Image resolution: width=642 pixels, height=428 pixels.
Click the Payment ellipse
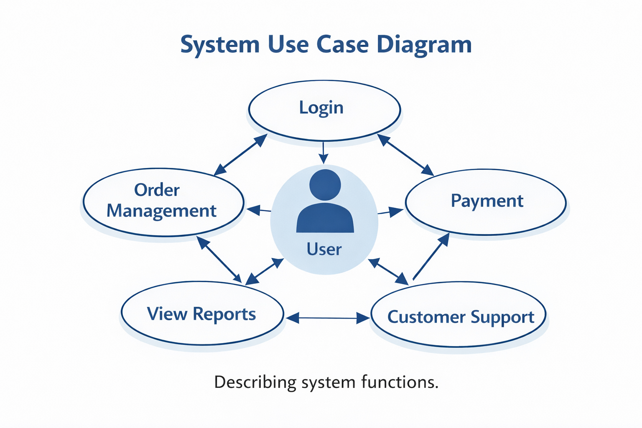click(x=486, y=201)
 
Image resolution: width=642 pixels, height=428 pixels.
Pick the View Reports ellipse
click(x=202, y=313)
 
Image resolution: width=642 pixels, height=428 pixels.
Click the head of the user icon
click(x=325, y=184)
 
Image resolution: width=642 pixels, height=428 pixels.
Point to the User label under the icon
click(x=324, y=250)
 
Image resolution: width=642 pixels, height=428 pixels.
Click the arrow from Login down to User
click(x=323, y=153)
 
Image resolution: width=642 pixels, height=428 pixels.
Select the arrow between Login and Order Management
click(x=240, y=155)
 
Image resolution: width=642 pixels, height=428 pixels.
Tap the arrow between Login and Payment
click(x=405, y=155)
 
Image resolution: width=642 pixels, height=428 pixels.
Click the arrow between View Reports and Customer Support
click(x=328, y=318)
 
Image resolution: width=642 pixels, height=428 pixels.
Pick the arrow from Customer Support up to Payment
click(x=431, y=257)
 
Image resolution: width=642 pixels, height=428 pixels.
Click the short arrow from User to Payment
click(x=390, y=212)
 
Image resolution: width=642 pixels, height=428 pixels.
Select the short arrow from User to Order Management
click(x=259, y=210)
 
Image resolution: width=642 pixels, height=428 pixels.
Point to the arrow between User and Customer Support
click(x=388, y=272)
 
